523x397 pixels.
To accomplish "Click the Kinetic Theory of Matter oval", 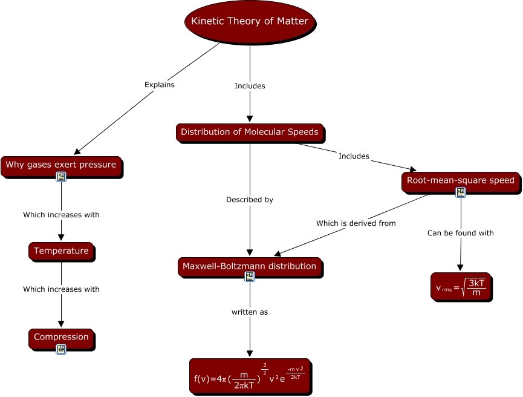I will point(250,22).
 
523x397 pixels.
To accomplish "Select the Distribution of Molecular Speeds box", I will point(250,132).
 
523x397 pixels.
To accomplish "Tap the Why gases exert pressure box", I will point(61,165).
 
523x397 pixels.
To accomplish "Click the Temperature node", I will point(61,251).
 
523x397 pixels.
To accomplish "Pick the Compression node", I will point(61,337).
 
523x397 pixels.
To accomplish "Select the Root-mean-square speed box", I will point(460,180).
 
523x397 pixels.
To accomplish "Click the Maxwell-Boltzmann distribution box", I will point(250,266).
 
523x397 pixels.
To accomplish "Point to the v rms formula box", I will point(461,287).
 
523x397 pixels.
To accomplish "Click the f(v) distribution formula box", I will point(250,376).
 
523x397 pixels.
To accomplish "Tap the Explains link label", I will point(160,85).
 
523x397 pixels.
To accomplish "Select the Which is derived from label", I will point(356,223).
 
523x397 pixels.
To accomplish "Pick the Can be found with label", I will point(461,233).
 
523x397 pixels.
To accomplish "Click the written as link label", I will point(250,312).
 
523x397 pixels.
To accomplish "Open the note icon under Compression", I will point(61,349).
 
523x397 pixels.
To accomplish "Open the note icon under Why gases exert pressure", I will point(61,177).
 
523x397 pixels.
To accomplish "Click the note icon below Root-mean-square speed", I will point(461,192).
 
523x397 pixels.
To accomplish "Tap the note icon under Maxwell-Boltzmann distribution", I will point(250,277).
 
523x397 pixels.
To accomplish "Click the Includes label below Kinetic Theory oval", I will point(250,86).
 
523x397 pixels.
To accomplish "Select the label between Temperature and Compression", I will point(61,289).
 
